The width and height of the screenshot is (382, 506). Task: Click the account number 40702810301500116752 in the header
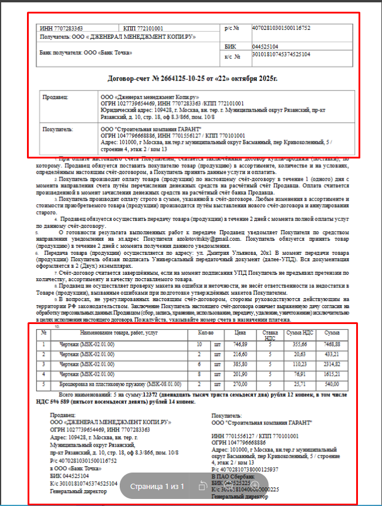tap(280, 28)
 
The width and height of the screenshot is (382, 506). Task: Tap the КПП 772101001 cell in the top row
tap(141, 28)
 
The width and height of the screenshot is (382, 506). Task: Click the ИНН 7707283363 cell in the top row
tap(61, 28)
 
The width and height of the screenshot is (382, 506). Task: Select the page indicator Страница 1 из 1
tap(157, 486)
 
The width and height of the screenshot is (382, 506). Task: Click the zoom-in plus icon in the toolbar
tap(255, 485)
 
